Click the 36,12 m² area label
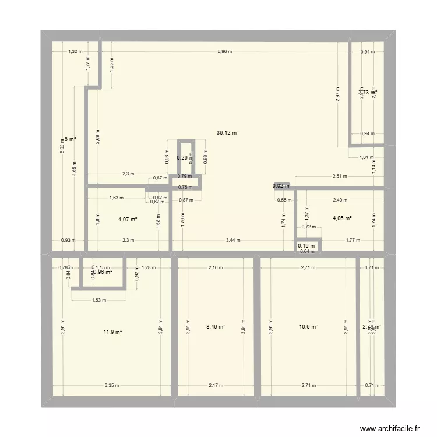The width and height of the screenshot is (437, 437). click(x=228, y=133)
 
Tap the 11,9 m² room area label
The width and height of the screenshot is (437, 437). click(x=113, y=332)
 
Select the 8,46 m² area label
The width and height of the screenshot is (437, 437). click(x=216, y=327)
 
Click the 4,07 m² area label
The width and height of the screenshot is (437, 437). click(x=127, y=220)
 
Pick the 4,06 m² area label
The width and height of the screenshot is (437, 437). click(x=342, y=218)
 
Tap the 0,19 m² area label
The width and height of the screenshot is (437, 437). click(x=307, y=246)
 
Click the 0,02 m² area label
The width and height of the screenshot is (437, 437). click(x=282, y=186)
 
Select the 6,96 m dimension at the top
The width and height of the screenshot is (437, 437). click(x=224, y=51)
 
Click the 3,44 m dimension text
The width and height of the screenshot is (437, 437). click(x=233, y=240)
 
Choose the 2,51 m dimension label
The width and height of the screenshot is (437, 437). click(x=339, y=176)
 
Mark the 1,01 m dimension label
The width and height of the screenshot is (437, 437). click(x=366, y=157)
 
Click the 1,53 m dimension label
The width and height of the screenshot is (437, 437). click(x=98, y=300)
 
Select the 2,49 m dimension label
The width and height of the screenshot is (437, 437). click(x=341, y=200)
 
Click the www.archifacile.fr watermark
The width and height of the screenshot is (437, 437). click(x=390, y=427)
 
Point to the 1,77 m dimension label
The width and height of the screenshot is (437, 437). click(x=353, y=240)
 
